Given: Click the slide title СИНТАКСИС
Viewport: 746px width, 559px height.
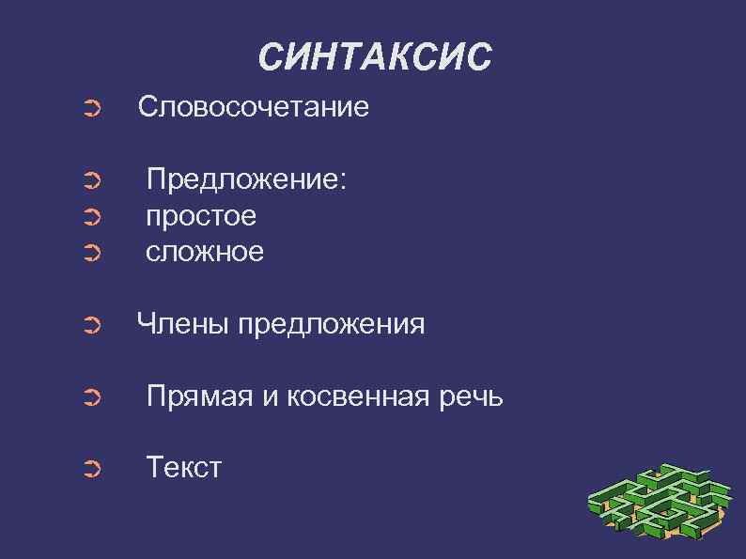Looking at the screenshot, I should coord(374,57).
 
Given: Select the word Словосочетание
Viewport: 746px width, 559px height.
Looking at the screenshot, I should coord(254,107).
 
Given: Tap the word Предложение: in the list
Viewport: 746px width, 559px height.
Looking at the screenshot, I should coord(247,179).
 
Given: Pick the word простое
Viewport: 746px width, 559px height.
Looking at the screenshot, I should coord(201,216).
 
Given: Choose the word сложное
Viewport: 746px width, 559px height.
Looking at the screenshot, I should coord(205,252).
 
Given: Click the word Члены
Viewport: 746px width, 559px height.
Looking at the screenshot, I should coord(183,324).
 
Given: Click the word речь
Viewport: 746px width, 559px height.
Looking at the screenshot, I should coord(476,397).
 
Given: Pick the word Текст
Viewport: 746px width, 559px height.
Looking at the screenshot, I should coord(184,467).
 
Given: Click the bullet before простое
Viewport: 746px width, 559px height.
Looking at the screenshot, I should coord(91,218).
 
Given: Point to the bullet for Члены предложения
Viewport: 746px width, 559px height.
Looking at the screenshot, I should coord(91,326).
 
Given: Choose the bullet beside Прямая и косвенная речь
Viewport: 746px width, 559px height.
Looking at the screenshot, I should coord(91,399).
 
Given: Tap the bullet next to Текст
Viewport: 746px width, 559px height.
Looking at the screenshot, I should coord(91,469).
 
